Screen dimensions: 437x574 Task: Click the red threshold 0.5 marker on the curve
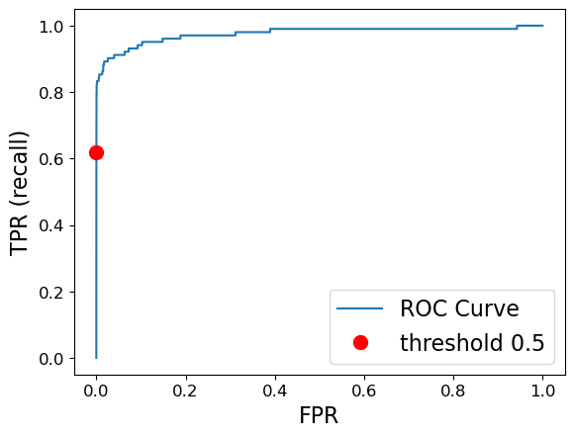96,152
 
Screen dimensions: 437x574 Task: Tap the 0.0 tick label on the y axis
51,358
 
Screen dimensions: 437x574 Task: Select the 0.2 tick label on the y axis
51,292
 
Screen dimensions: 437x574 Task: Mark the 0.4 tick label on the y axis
51,225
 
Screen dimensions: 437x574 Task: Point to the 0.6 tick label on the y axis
51,159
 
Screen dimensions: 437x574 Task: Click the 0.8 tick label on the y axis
51,93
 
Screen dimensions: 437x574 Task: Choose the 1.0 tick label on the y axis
51,27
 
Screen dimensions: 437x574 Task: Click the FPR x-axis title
319,416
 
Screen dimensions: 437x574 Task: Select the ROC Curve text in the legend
459,308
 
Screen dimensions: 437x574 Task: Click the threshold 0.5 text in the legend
472,343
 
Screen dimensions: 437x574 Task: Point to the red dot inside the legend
360,342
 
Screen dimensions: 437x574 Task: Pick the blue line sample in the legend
360,308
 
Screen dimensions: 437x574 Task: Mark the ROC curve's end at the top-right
542,26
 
